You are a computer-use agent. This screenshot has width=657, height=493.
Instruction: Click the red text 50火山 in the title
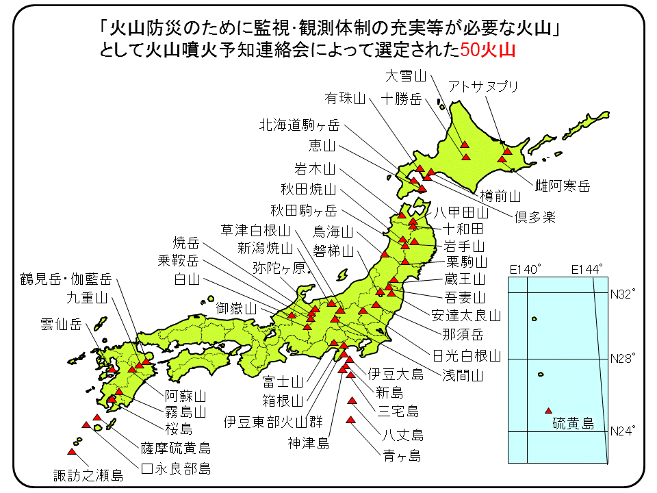[488, 49]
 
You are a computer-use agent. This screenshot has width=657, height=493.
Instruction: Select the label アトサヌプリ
[483, 86]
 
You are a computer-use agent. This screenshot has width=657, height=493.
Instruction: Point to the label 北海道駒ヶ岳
[299, 125]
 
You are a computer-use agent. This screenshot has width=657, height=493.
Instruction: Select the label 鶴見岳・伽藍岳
[66, 279]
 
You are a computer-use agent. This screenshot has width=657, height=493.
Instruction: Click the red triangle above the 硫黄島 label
[548, 411]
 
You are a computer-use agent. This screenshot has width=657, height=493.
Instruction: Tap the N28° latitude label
[623, 358]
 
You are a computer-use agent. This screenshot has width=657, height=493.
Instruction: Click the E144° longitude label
[588, 268]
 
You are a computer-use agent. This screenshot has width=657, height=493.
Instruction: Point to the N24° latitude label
[623, 431]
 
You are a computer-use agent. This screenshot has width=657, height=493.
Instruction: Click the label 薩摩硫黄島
[176, 448]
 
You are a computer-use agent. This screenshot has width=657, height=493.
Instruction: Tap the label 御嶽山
[236, 308]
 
